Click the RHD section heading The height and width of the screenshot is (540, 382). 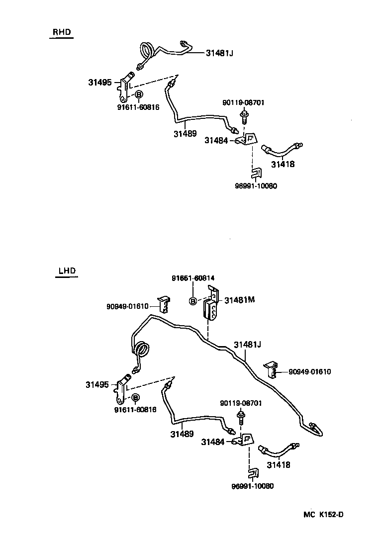point(62,32)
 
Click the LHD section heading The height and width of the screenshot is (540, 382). point(66,271)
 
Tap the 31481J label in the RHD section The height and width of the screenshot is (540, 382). point(219,52)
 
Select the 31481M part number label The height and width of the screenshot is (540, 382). point(239,300)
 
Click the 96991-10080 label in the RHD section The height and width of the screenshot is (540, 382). point(256,186)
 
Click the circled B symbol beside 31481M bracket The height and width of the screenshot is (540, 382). point(192,300)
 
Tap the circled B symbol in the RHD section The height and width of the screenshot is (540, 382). point(139,94)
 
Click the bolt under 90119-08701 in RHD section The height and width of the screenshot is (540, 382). point(245,118)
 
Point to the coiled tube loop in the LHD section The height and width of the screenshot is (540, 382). point(143,349)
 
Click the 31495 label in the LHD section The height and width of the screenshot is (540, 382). point(98,384)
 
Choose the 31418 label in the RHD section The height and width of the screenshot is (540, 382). point(283,164)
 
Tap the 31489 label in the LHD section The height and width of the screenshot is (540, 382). point(182,434)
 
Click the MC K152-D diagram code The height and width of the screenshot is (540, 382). point(323,515)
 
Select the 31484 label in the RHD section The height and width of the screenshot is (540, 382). point(216,141)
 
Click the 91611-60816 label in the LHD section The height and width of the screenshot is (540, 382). point(135,410)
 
